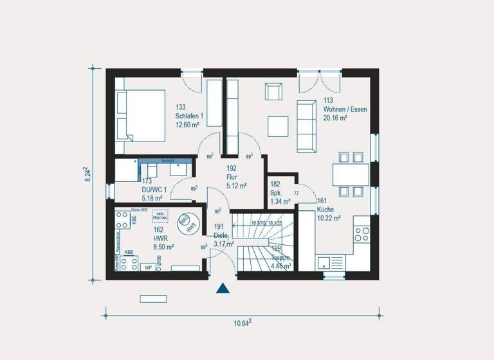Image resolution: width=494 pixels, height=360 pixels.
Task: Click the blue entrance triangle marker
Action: coord(223,288)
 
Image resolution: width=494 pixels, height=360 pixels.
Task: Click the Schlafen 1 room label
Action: coord(189,116)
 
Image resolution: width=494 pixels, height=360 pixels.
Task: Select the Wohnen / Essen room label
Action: coord(344,109)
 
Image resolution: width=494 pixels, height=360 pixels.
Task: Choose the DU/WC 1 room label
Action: coord(154,189)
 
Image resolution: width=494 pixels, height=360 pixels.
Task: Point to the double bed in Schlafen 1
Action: coord(140,116)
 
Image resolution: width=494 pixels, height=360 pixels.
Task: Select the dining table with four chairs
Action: coord(351,174)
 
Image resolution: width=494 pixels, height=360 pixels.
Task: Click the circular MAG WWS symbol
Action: coord(187,225)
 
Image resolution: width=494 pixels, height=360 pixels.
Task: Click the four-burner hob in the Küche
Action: coord(362,232)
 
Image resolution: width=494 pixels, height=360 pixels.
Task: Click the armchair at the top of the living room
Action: coord(274,91)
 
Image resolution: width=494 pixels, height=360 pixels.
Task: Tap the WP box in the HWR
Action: coord(148,266)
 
